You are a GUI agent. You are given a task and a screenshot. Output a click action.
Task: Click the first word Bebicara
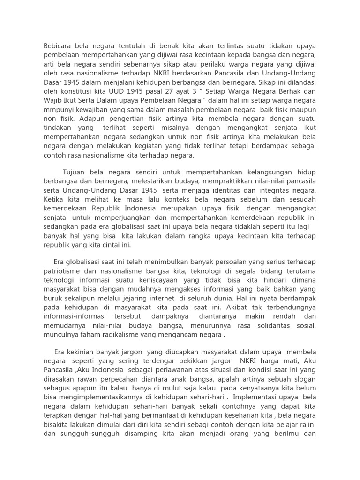pyautogui.click(x=59, y=46)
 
